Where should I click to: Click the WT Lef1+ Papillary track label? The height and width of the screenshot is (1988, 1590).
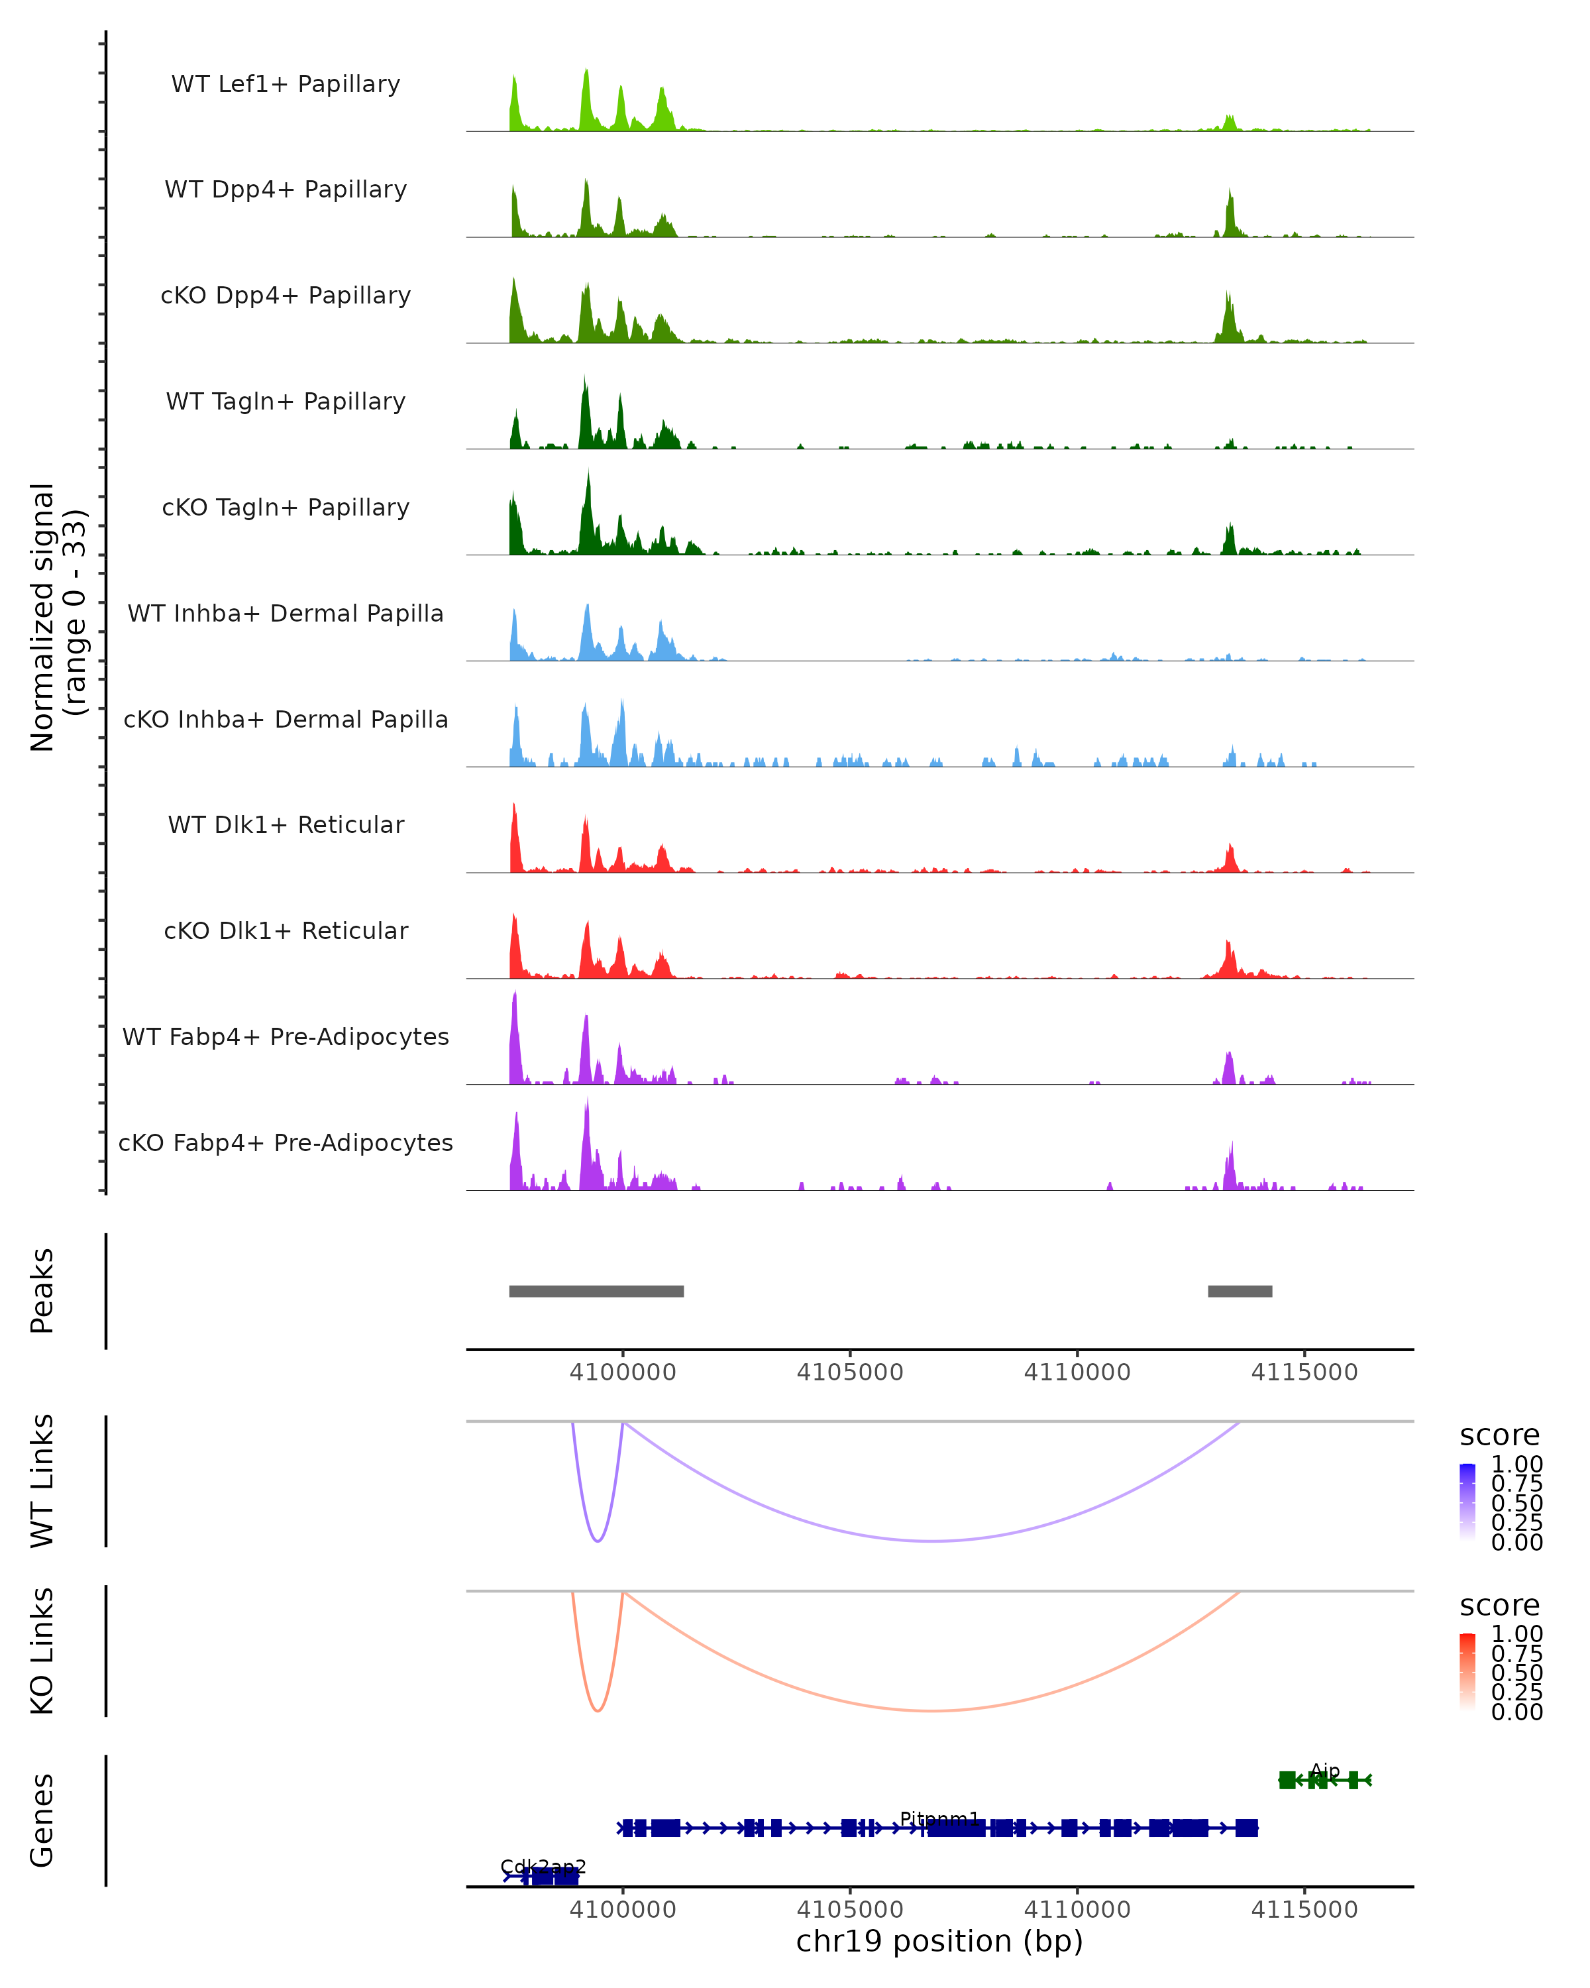pos(286,84)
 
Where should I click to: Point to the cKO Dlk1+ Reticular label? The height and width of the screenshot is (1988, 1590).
pos(286,930)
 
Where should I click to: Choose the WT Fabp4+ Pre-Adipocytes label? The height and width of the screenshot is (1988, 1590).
pos(286,1036)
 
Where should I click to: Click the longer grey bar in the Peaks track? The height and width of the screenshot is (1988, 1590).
pos(596,1291)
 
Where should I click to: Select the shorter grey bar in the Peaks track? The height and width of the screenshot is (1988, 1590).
pos(1240,1291)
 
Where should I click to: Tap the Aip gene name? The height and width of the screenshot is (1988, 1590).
pos(1324,1771)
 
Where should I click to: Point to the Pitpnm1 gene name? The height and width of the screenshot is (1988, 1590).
pos(939,1818)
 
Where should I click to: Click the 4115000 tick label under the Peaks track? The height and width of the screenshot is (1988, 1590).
pos(1304,1372)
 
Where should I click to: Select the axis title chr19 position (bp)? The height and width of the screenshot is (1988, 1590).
pos(939,1941)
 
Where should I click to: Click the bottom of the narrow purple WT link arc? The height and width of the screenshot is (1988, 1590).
pos(598,1541)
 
